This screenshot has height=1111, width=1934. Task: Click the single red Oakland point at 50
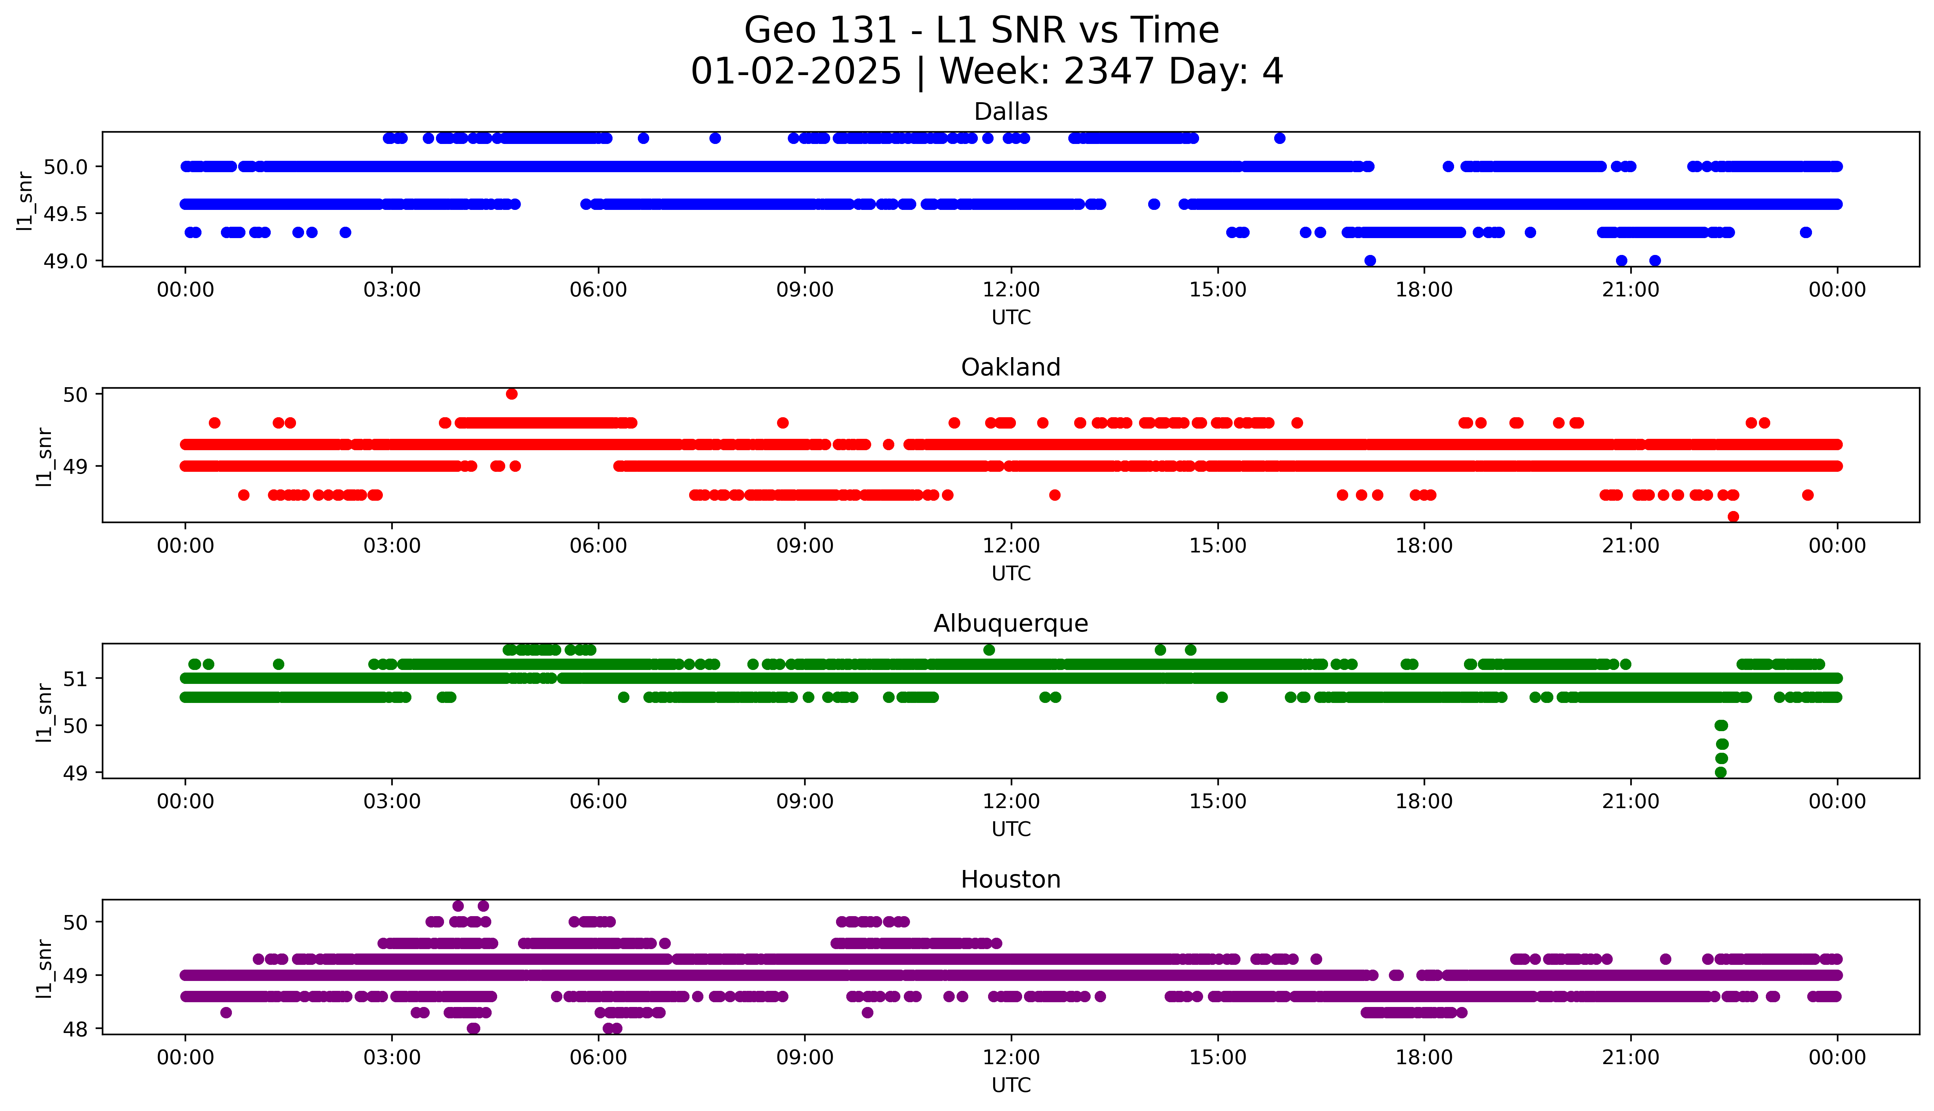click(x=511, y=394)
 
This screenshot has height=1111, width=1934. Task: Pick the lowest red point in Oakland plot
click(x=1733, y=516)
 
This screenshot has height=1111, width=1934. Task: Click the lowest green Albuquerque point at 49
click(x=1720, y=772)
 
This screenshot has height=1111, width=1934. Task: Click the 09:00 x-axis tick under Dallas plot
click(x=805, y=290)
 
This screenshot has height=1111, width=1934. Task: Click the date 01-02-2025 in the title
click(x=796, y=72)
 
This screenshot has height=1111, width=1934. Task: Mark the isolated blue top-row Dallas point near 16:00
click(x=1279, y=138)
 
